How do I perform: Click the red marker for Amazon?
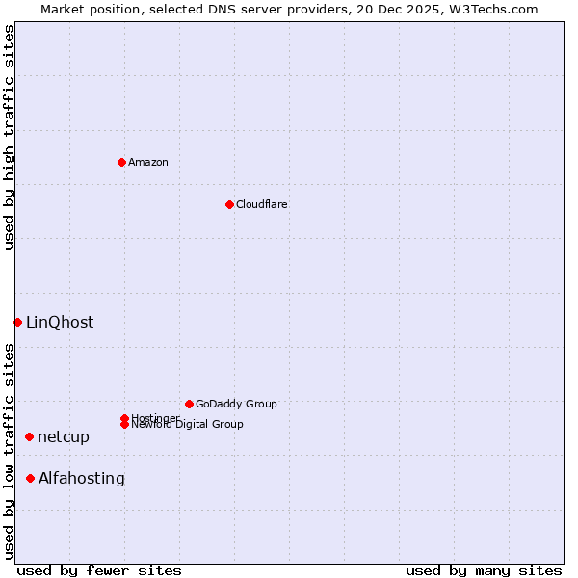[x=121, y=162]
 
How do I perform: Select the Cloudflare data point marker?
[x=229, y=204]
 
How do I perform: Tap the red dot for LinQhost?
[x=17, y=322]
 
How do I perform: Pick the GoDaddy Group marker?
[x=189, y=404]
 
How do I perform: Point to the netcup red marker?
[x=29, y=436]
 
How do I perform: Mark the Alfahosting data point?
[x=31, y=478]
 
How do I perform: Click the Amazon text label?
[x=148, y=162]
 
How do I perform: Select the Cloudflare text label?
[x=262, y=204]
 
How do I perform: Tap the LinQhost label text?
[x=60, y=322]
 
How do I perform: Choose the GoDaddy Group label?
[x=236, y=404]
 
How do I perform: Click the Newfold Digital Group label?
[x=187, y=425]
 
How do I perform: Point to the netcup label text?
[x=64, y=436]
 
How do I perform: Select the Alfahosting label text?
[x=82, y=478]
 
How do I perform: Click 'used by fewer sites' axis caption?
[x=99, y=570]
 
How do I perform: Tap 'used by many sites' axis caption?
[x=484, y=570]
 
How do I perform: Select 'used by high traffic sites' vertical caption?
[x=9, y=137]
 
